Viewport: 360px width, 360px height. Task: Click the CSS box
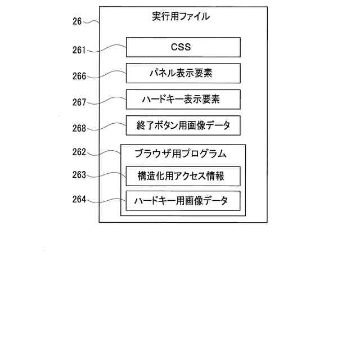(x=183, y=47)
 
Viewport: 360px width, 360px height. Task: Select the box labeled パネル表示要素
(x=183, y=74)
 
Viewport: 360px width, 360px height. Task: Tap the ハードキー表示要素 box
(x=183, y=100)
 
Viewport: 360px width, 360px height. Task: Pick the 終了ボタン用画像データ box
(x=183, y=126)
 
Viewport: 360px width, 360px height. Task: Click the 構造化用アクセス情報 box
(x=183, y=176)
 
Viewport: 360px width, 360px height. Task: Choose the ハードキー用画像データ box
(x=183, y=201)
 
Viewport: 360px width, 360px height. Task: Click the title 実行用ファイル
(x=181, y=16)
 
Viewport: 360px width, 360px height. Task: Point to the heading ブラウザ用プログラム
(x=180, y=154)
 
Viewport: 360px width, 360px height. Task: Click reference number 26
(x=77, y=21)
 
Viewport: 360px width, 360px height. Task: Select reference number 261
(x=79, y=51)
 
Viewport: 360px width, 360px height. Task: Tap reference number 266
(x=79, y=76)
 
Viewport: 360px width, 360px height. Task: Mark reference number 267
(x=79, y=102)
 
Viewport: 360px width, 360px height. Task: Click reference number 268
(x=79, y=128)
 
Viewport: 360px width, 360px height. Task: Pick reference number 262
(x=79, y=152)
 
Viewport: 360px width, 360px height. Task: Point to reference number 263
(x=79, y=175)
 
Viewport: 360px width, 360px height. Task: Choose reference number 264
(x=79, y=199)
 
